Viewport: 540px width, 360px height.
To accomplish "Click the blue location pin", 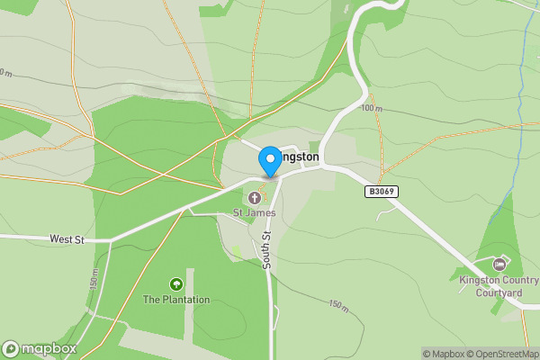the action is (x=269, y=161).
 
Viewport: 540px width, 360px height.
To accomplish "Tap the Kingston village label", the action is (x=299, y=157).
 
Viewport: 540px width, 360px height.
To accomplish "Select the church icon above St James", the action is (x=255, y=197).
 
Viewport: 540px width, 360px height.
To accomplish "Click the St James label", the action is (x=255, y=212).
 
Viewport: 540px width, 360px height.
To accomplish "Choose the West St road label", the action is (x=67, y=239).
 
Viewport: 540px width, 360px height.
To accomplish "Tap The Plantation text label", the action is (x=176, y=300).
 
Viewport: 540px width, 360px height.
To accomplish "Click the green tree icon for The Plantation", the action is (x=176, y=284).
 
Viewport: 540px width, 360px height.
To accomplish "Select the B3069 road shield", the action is (x=382, y=192).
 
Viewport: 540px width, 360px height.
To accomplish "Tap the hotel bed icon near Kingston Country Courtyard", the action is (x=499, y=264).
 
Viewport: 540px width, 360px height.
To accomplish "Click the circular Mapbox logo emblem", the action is (x=12, y=348).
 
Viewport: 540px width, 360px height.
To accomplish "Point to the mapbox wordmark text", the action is (x=49, y=348).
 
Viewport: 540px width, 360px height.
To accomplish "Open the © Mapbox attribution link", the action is (x=445, y=354).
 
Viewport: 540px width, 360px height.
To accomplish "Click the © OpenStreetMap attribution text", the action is (x=501, y=354).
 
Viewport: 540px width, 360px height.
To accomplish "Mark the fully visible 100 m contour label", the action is (x=372, y=108).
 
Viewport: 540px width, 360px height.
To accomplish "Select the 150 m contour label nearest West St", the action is (x=93, y=279).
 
